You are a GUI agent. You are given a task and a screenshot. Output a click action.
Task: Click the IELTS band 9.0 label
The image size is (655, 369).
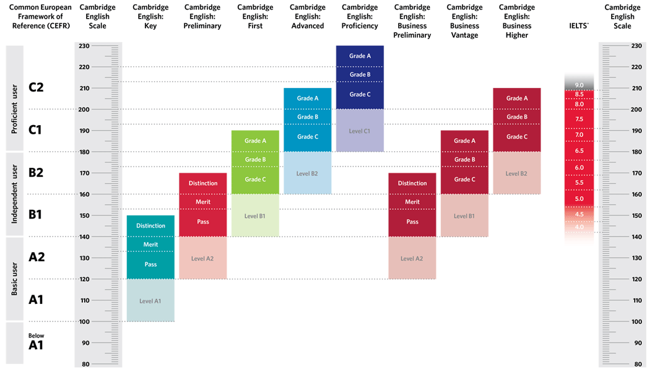[579, 85]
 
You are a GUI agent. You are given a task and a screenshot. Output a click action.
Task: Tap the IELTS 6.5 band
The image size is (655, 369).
[579, 151]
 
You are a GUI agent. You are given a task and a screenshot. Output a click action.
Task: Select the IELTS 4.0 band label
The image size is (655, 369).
[579, 227]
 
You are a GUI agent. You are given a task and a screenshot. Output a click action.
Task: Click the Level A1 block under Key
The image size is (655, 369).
[150, 301]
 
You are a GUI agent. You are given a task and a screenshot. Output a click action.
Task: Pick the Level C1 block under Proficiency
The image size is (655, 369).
[360, 131]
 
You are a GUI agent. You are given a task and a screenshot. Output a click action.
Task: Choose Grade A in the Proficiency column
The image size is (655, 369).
[360, 56]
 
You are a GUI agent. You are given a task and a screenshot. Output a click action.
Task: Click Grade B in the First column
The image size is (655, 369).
[255, 160]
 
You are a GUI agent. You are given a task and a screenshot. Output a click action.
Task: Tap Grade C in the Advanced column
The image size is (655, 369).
[308, 137]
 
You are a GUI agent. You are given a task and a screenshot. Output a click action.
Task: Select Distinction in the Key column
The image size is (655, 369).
[150, 226]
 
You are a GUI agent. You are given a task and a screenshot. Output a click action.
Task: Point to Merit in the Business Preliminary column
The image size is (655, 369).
[412, 202]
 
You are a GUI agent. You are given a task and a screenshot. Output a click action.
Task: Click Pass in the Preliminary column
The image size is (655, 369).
[203, 222]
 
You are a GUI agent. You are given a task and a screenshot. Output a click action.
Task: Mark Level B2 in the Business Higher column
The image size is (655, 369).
[517, 173]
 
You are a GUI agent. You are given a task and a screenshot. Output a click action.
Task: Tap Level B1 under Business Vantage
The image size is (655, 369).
[464, 216]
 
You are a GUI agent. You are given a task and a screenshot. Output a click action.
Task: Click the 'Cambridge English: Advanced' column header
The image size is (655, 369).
[308, 17]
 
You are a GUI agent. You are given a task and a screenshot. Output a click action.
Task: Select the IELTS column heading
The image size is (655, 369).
[579, 25]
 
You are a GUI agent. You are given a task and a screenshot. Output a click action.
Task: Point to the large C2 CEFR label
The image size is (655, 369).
[37, 87]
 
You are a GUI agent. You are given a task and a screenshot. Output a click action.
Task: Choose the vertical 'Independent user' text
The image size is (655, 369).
[15, 194]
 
